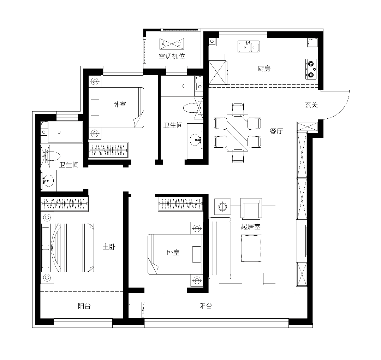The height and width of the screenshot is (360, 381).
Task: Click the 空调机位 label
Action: [x=172, y=57]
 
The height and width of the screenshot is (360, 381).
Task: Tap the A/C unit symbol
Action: [x=172, y=44]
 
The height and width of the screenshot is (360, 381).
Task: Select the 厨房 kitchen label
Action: [x=264, y=69]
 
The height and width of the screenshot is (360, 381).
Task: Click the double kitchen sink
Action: [x=249, y=47]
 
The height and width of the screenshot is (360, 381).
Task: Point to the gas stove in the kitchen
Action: [x=311, y=69]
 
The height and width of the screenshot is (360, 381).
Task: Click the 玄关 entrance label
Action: [x=311, y=105]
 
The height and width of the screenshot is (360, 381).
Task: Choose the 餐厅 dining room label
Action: [x=276, y=131]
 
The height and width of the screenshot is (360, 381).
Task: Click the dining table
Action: [x=237, y=133]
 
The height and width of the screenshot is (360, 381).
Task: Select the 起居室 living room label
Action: [x=251, y=227]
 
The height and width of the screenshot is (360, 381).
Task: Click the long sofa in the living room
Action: [x=220, y=248]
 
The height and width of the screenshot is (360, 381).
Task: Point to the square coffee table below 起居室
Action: [x=251, y=248]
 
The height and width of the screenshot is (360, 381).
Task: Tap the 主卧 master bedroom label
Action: [x=109, y=247]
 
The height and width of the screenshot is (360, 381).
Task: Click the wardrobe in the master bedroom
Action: [x=64, y=203]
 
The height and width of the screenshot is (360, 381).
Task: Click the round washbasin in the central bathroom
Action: [x=195, y=140]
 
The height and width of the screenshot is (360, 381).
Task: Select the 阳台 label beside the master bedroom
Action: [x=84, y=306]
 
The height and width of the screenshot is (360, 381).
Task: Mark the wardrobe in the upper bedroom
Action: [x=108, y=150]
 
